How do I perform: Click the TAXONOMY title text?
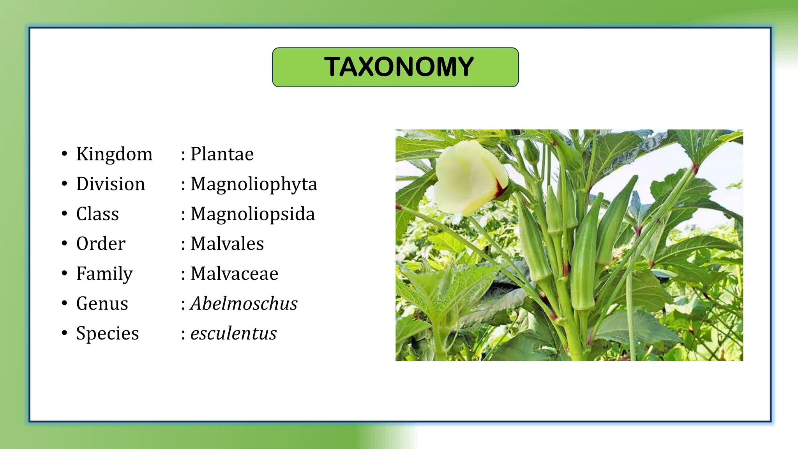click(x=399, y=67)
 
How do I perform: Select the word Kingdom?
click(x=114, y=154)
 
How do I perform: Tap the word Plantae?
click(x=222, y=154)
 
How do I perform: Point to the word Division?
click(x=111, y=184)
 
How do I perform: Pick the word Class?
click(x=97, y=214)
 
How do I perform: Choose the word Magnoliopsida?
click(x=252, y=214)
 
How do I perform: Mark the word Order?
click(x=101, y=244)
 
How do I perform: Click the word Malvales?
click(x=227, y=244)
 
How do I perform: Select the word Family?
click(x=104, y=274)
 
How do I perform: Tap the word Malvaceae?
click(x=234, y=274)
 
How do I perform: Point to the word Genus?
click(x=102, y=304)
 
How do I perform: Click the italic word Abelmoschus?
click(x=244, y=304)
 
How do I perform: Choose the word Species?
click(x=108, y=334)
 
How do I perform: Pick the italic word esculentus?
click(x=233, y=334)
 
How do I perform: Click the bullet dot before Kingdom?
click(x=64, y=154)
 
